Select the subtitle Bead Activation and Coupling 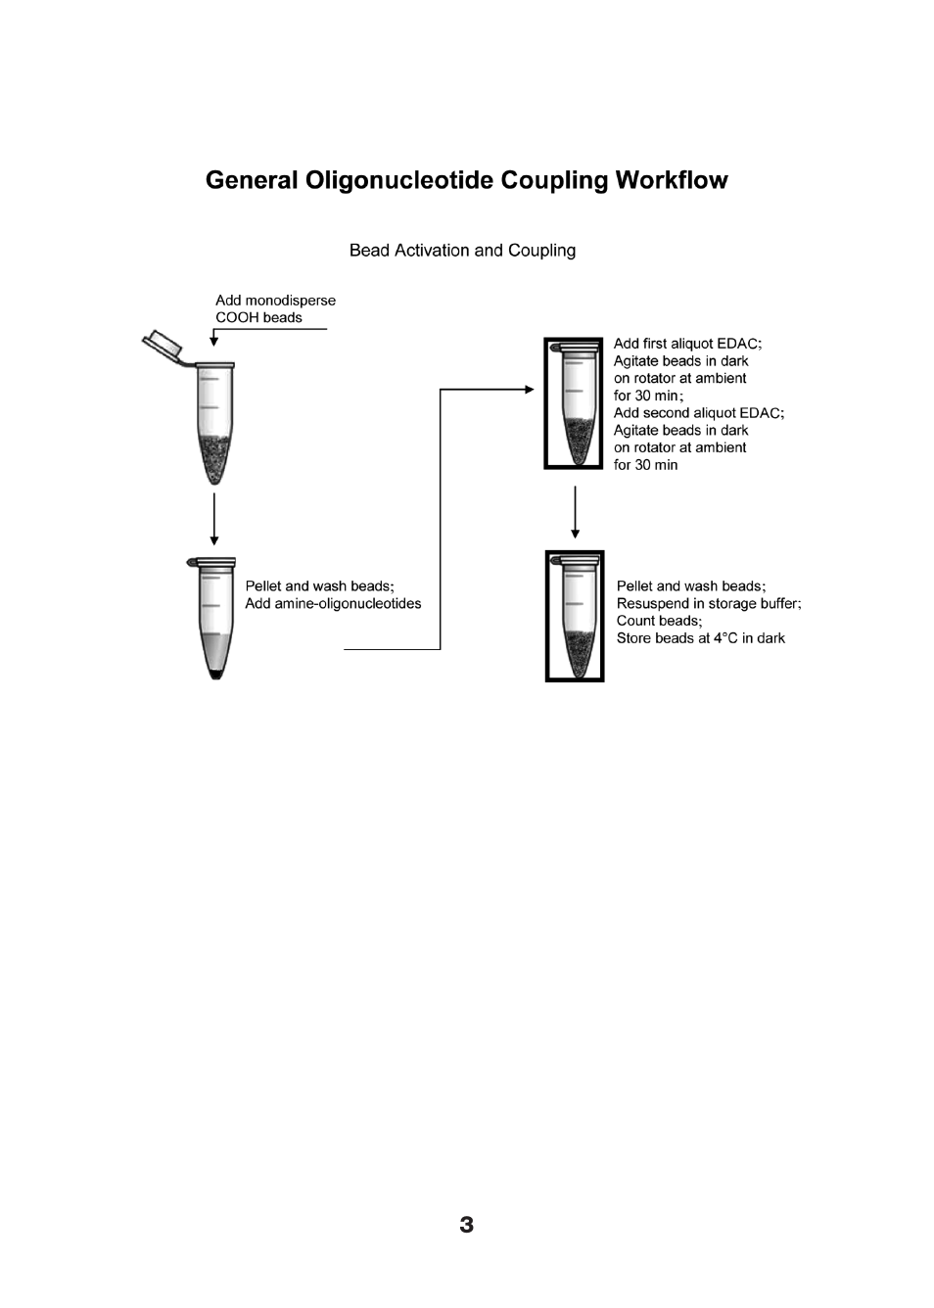pyautogui.click(x=462, y=251)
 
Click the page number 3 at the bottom pyautogui.click(x=466, y=1225)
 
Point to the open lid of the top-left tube pyautogui.click(x=163, y=345)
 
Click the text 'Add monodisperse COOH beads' pyautogui.click(x=275, y=308)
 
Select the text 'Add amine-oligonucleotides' pyautogui.click(x=333, y=603)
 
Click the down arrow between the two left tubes pyautogui.click(x=214, y=519)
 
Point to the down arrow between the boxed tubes pyautogui.click(x=575, y=511)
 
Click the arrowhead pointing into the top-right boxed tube pyautogui.click(x=529, y=390)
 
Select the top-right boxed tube pyautogui.click(x=574, y=403)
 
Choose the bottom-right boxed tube pyautogui.click(x=575, y=616)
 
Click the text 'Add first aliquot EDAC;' pyautogui.click(x=687, y=344)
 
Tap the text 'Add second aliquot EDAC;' pyautogui.click(x=698, y=413)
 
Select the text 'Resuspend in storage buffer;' pyautogui.click(x=709, y=603)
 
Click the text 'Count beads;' pyautogui.click(x=659, y=621)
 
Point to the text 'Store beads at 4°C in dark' pyautogui.click(x=700, y=638)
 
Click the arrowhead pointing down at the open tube pyautogui.click(x=214, y=341)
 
